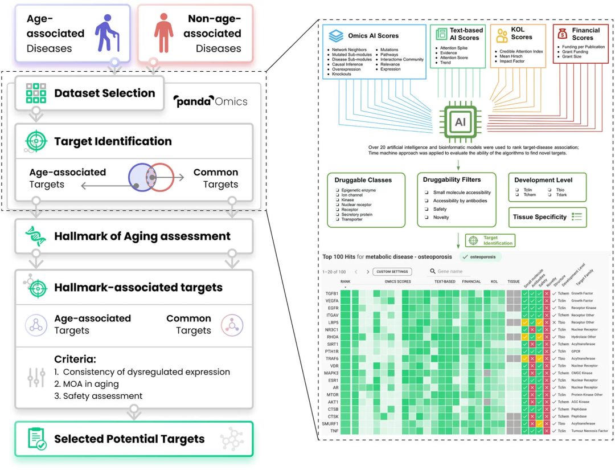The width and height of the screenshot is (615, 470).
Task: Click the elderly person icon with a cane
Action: tap(106, 32)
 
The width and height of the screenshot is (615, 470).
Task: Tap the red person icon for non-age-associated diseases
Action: tap(164, 32)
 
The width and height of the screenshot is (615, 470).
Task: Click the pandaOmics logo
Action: tap(210, 101)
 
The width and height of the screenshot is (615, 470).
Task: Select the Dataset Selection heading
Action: tap(104, 93)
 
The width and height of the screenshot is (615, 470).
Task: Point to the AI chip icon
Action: tap(460, 121)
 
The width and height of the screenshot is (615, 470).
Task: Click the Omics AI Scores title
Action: tap(372, 35)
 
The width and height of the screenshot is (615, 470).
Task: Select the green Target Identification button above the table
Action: tap(490, 240)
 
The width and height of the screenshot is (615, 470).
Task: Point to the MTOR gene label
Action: tap(332, 394)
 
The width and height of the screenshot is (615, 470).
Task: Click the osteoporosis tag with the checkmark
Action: tap(479, 257)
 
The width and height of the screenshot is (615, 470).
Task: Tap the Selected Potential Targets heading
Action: tap(129, 439)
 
